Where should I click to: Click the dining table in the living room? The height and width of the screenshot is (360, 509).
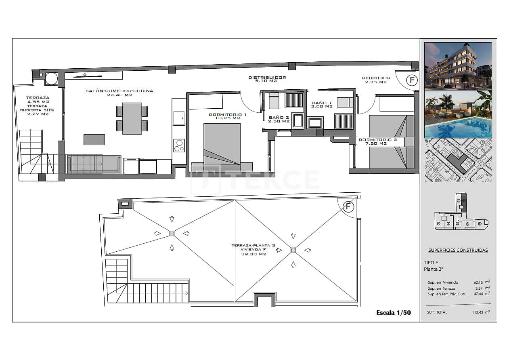[132, 118]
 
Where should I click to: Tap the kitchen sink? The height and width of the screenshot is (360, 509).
[179, 118]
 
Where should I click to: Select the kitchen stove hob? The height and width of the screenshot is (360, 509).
[179, 145]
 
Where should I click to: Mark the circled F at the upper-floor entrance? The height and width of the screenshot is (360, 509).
[412, 80]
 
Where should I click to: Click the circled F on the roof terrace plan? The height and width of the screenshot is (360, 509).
[348, 207]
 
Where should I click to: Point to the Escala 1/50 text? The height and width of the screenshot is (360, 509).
[393, 312]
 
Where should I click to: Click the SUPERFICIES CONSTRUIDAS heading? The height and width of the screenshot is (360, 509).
[458, 250]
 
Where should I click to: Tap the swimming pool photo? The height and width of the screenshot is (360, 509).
[458, 115]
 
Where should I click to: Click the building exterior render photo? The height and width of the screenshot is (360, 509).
[458, 65]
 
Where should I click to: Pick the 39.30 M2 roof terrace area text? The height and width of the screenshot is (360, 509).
[253, 254]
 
